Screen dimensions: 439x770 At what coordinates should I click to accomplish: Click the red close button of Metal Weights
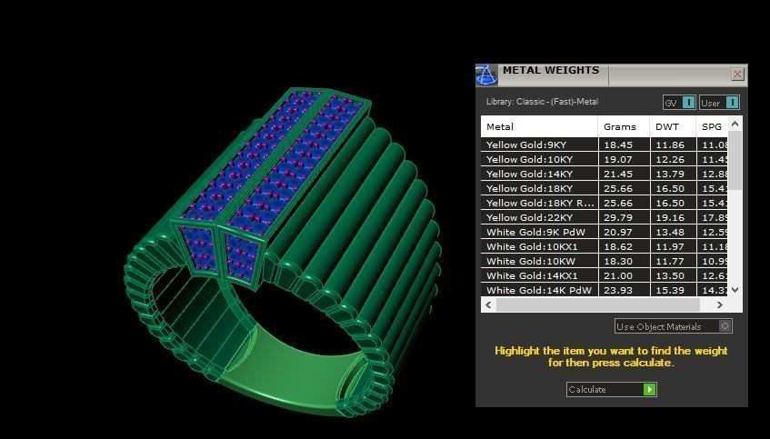click(x=737, y=75)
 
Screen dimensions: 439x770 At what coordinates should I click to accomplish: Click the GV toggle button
click(x=679, y=103)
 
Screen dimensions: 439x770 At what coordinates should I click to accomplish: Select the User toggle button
click(x=718, y=103)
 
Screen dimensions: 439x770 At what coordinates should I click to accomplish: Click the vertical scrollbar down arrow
click(x=735, y=290)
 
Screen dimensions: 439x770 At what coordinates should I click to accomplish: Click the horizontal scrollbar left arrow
click(x=488, y=305)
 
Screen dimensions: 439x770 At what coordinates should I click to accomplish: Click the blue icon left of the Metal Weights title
click(x=486, y=74)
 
